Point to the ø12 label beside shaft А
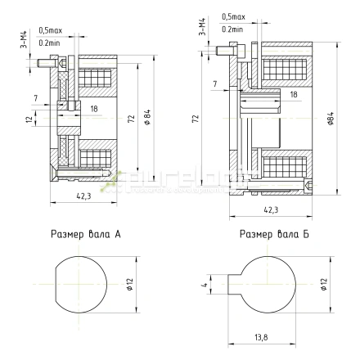point(130,284)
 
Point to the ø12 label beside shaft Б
point(324,284)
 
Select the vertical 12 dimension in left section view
point(29,120)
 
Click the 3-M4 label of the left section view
point(25,38)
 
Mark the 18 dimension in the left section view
point(95,108)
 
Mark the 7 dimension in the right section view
point(215,84)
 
